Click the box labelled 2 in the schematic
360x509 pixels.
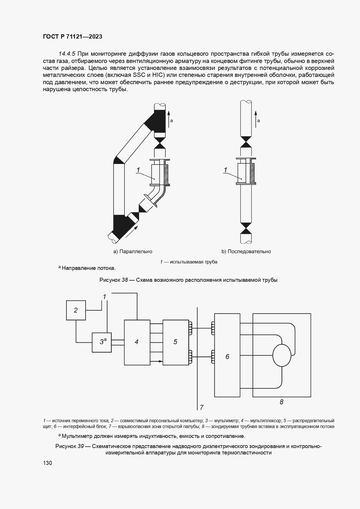(76, 310)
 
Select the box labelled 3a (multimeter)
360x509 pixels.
(102, 342)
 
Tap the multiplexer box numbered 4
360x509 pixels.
(137, 342)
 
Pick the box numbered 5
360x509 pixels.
(176, 342)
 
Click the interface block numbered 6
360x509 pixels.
(227, 357)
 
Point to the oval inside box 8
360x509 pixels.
(282, 355)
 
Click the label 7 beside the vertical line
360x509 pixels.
(202, 407)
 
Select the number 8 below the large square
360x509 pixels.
(281, 402)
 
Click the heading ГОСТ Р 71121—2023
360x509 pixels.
(73, 37)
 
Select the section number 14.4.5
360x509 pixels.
(67, 54)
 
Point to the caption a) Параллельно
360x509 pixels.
(133, 251)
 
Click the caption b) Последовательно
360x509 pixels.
(246, 251)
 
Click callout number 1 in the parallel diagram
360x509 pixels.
(138, 170)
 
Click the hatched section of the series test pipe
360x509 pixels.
(252, 173)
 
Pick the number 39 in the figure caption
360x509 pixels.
(81, 446)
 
